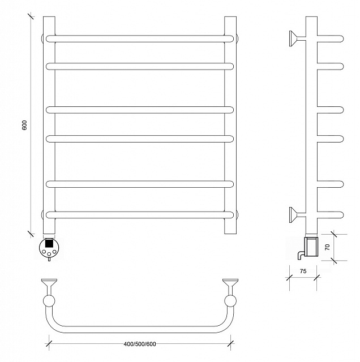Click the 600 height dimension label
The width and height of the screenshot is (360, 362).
pyautogui.click(x=24, y=125)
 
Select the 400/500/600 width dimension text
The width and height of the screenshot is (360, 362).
pyautogui.click(x=140, y=344)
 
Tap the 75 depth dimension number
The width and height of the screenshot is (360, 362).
pyautogui.click(x=303, y=271)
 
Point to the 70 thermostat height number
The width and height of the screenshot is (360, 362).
pyautogui.click(x=327, y=247)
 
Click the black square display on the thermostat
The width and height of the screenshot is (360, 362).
pyautogui.click(x=49, y=243)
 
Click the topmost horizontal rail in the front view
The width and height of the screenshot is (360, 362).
pyautogui.click(x=140, y=39)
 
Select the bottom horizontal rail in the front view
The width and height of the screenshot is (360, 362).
pyautogui.click(x=140, y=215)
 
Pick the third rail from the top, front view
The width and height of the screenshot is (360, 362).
pyautogui.click(x=140, y=110)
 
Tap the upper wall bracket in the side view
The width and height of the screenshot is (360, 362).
pyautogui.click(x=297, y=38)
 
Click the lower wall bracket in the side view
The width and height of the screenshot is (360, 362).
pyautogui.click(x=297, y=215)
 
